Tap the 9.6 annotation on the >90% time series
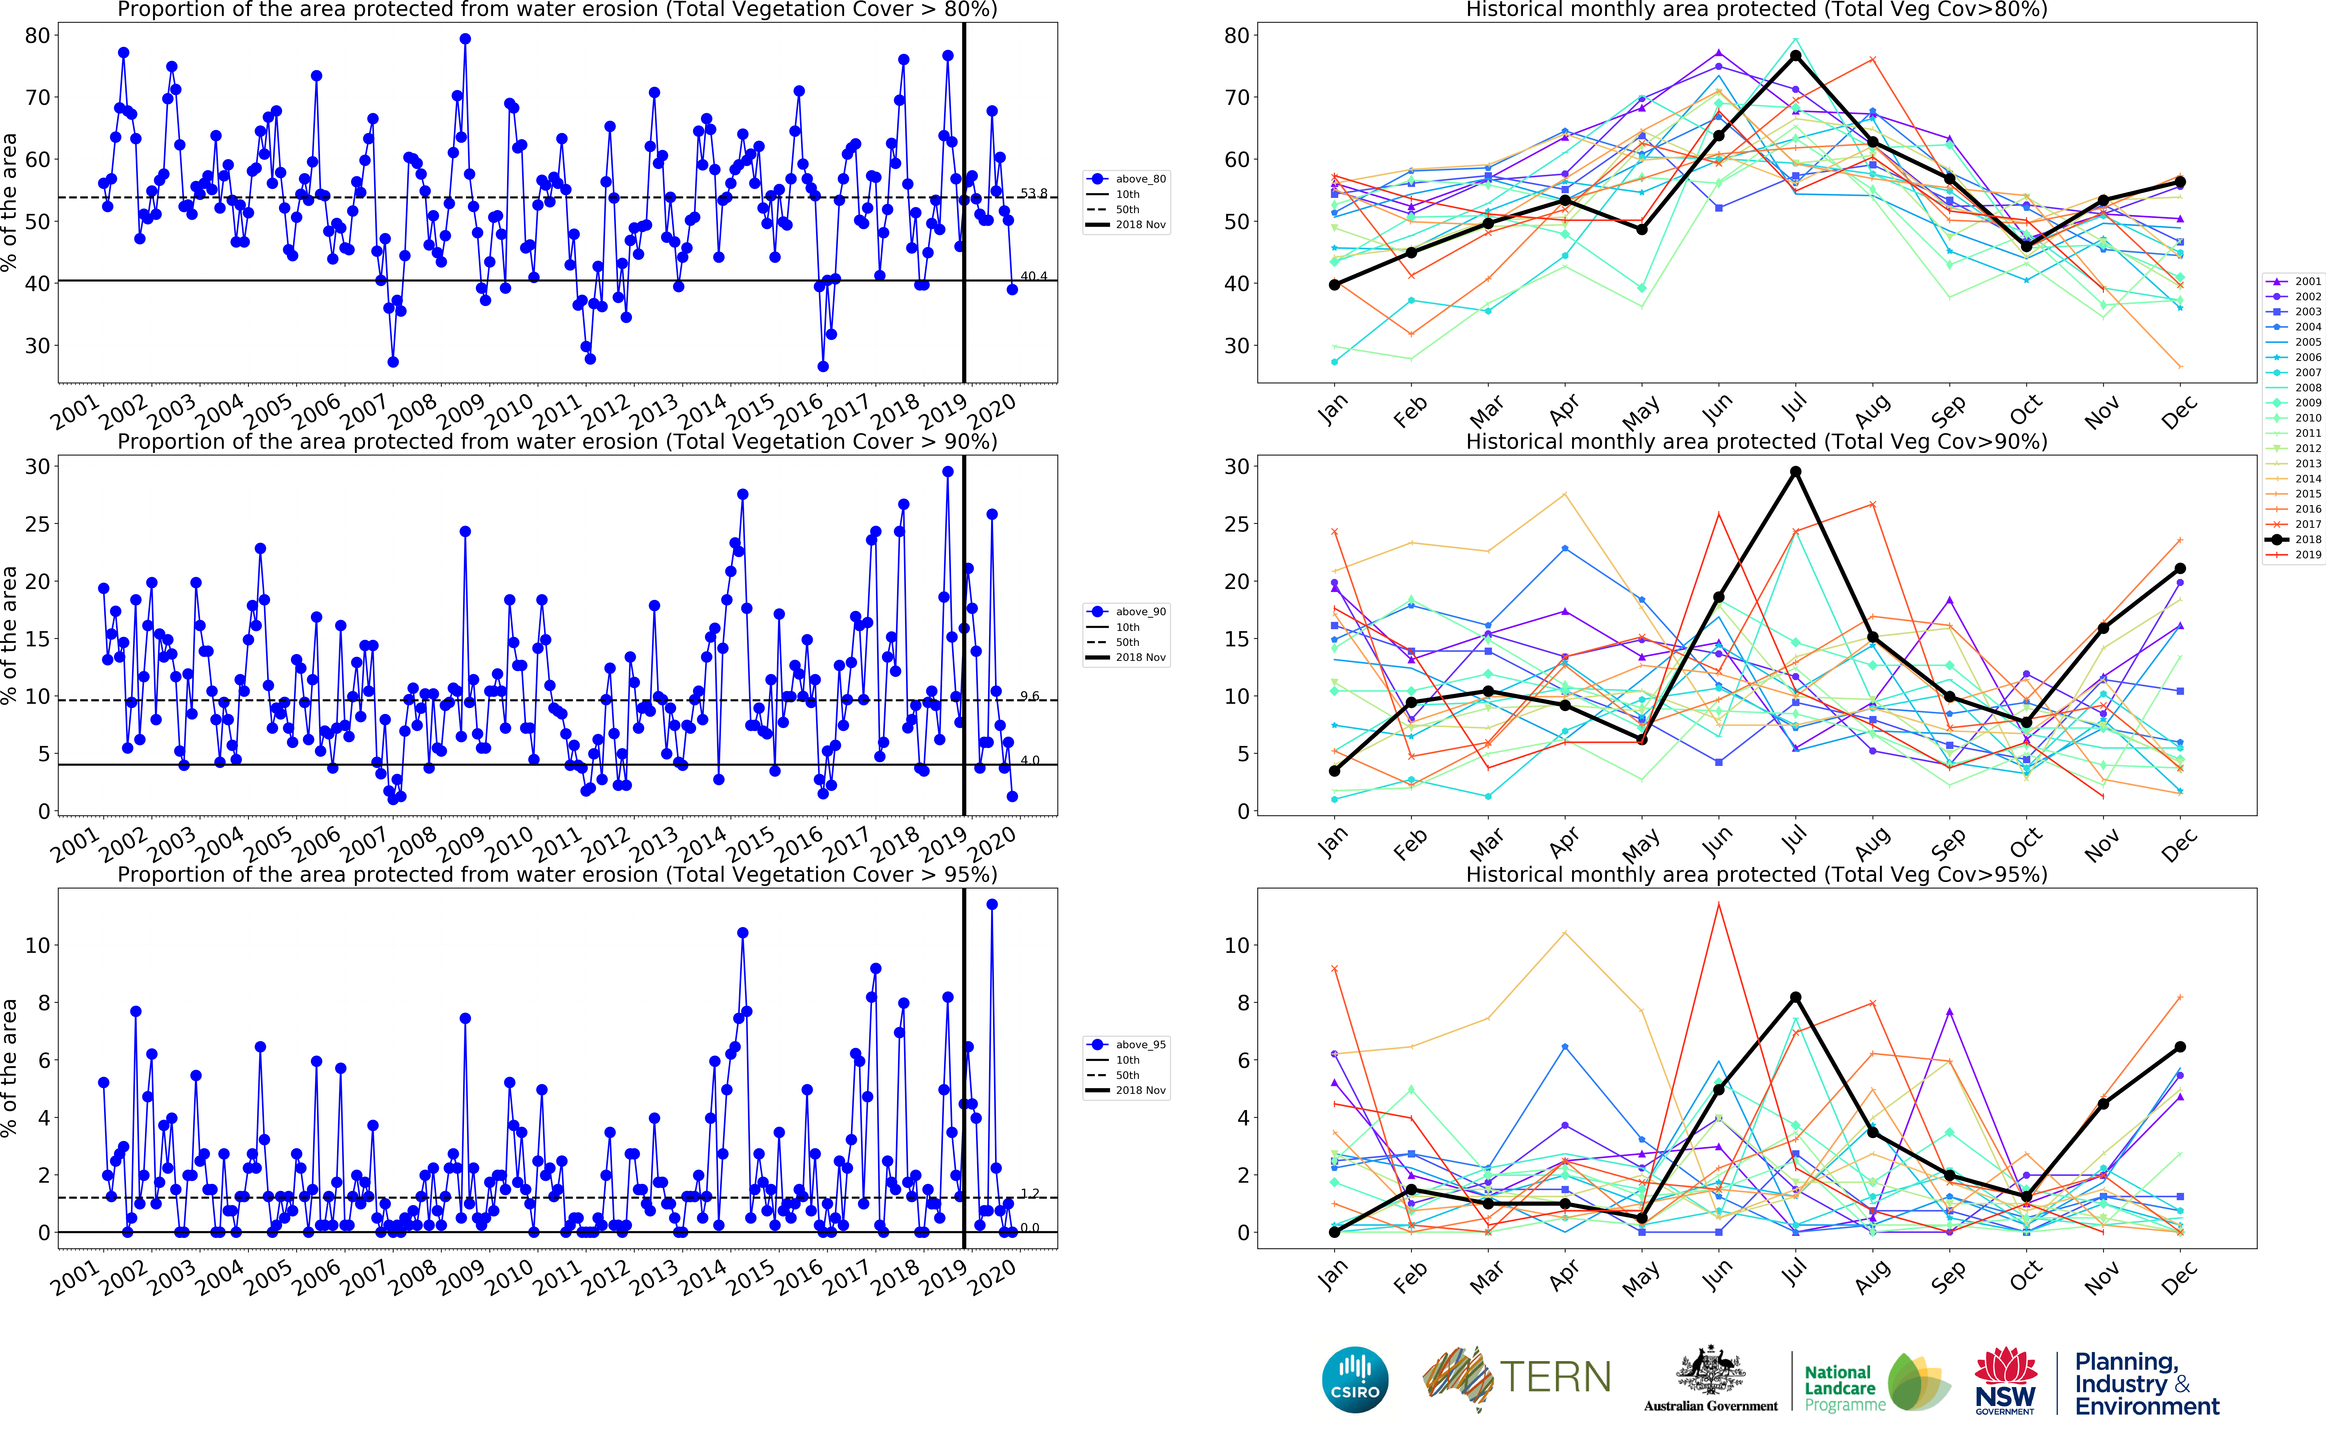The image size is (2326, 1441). point(1029,697)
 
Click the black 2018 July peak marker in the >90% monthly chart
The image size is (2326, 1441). point(1795,472)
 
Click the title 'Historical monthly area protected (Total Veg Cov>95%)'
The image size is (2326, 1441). point(1756,874)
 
